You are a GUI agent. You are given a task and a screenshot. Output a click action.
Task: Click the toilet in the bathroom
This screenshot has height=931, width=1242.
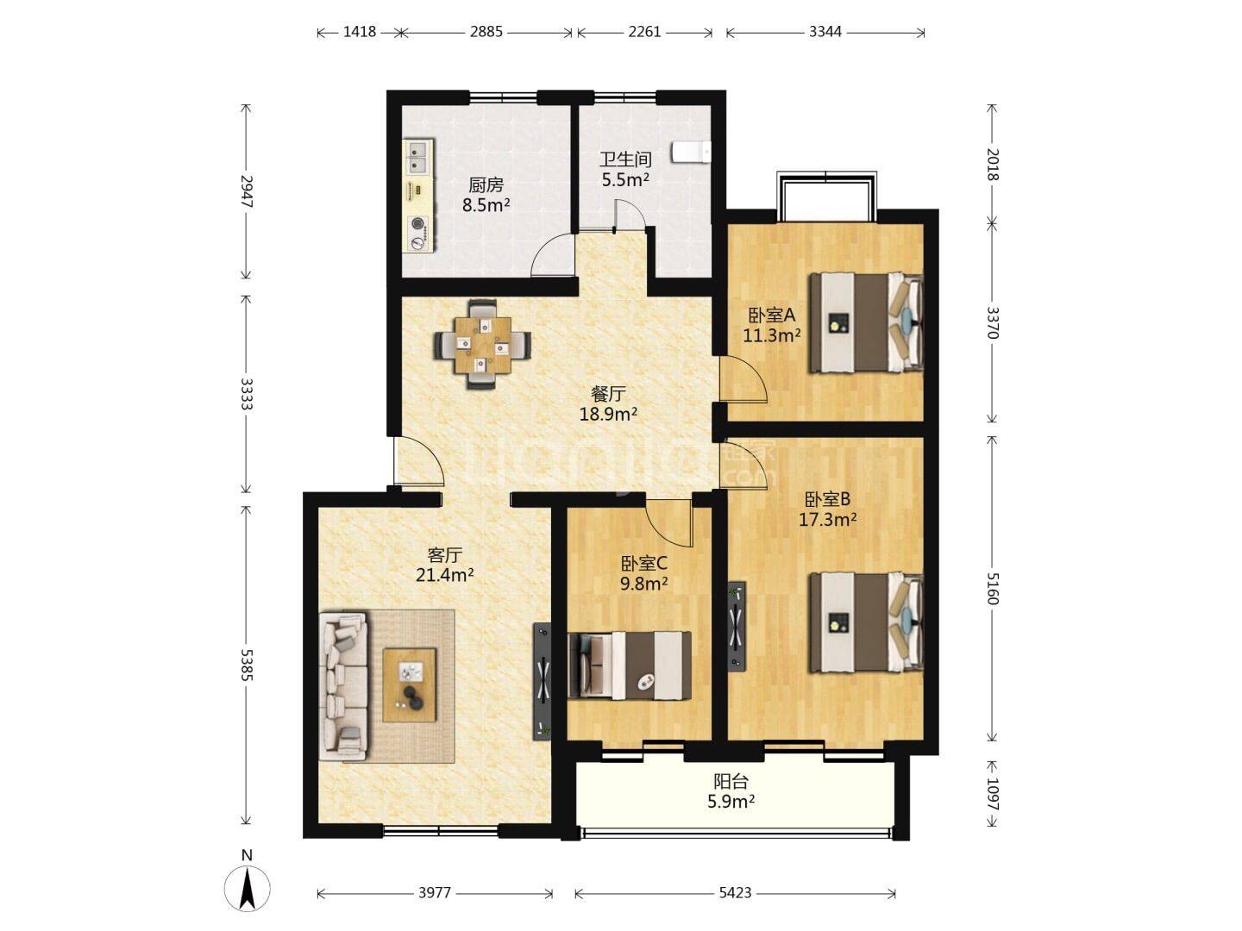pos(691,152)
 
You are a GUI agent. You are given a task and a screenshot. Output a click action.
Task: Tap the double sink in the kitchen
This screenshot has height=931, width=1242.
pos(418,157)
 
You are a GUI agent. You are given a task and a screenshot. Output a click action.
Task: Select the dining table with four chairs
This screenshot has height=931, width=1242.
pos(483,344)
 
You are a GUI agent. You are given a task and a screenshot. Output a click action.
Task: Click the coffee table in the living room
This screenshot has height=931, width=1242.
pos(409,684)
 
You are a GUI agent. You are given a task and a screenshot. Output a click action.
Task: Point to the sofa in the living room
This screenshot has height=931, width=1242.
pos(343,686)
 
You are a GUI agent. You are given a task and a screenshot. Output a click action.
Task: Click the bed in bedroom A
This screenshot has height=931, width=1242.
pos(865,322)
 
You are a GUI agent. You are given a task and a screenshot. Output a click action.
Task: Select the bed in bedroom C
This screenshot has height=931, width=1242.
pos(630,665)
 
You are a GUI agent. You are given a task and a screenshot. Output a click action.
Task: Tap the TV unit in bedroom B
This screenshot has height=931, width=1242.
pos(737,627)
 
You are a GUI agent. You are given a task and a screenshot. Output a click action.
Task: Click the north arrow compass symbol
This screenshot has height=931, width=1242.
pos(247,889)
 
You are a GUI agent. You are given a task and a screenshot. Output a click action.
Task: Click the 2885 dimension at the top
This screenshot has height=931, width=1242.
pos(486,32)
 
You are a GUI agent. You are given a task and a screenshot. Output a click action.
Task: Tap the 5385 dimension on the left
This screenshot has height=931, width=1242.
pos(247,665)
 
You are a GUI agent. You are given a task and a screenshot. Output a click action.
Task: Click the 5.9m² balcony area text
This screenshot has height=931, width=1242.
pos(731,801)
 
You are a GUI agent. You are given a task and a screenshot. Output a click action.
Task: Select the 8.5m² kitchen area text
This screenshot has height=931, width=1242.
pos(486,204)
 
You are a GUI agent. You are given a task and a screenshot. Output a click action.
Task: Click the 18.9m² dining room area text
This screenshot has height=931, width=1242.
pos(608,415)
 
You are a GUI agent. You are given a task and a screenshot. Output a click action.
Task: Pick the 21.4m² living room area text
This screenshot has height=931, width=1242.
pos(445,575)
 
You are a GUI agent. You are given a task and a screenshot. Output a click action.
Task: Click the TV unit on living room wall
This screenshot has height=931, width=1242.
pos(542,681)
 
